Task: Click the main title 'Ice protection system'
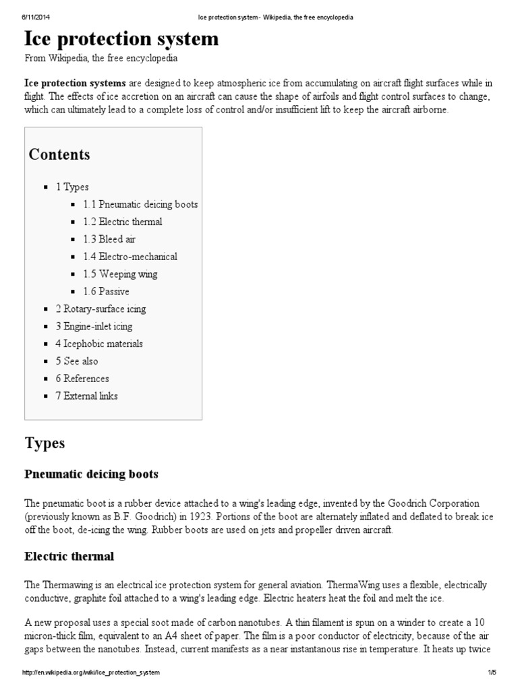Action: pos(121,39)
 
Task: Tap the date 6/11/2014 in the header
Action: pos(25,17)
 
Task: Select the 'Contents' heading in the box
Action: pos(59,154)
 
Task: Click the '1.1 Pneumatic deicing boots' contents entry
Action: pos(140,204)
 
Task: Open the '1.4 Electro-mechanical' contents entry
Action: pos(130,257)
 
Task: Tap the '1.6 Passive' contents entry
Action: pos(106,292)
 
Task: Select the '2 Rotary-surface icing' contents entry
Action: pos(100,309)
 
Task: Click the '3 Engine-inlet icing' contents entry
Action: pos(94,327)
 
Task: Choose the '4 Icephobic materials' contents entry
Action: pos(99,344)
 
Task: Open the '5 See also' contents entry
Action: pos(77,361)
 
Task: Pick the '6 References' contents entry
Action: pos(82,379)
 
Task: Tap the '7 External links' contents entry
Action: pos(86,396)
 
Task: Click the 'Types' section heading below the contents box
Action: pos(45,443)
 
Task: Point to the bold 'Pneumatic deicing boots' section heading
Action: pos(92,474)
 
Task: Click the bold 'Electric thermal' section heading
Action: pos(69,557)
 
